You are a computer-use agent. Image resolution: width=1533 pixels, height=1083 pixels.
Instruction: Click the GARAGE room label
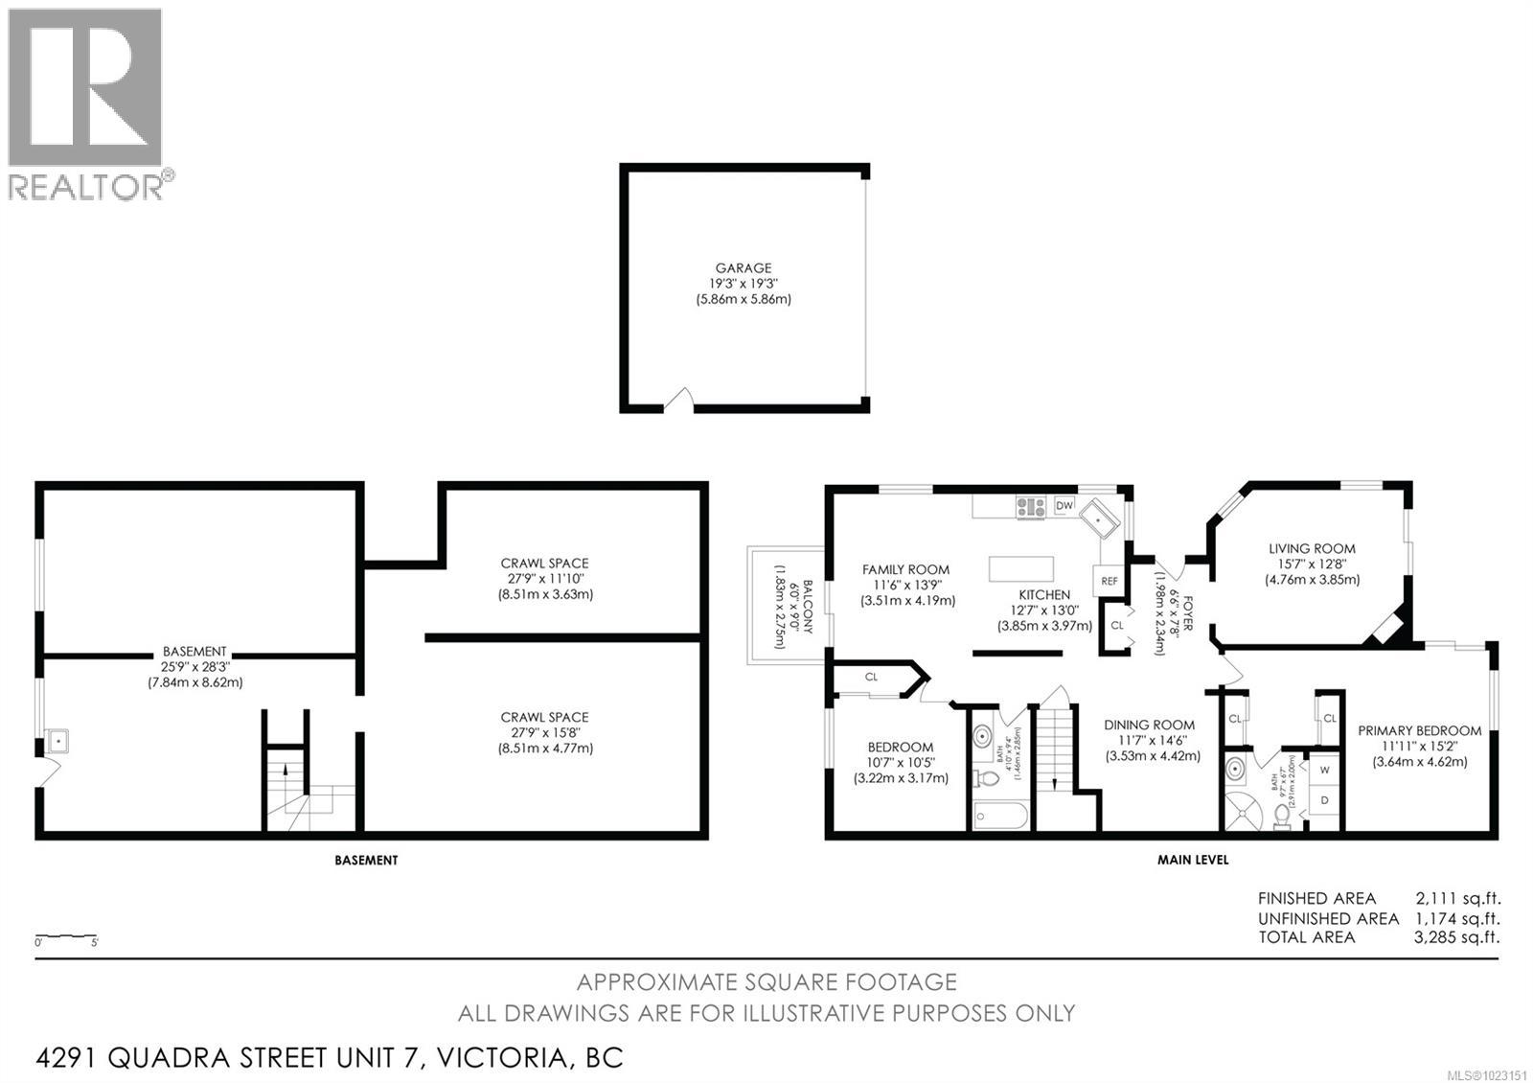click(743, 268)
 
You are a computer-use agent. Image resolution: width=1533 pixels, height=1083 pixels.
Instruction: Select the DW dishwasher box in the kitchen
click(1064, 505)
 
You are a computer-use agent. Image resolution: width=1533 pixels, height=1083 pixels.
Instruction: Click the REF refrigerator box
click(1109, 581)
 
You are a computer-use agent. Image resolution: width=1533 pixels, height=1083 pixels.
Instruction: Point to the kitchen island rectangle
click(1021, 568)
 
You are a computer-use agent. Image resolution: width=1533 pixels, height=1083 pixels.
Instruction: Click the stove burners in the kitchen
click(1031, 506)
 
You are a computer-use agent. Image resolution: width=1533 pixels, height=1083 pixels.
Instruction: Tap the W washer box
click(1325, 769)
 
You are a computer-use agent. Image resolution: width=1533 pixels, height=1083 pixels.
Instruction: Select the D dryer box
click(1325, 799)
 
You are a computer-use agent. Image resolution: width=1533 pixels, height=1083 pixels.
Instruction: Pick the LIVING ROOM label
click(1312, 548)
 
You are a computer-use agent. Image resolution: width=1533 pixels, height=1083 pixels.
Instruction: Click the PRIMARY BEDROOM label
click(1419, 730)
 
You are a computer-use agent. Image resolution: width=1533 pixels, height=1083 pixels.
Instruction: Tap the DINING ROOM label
click(1149, 725)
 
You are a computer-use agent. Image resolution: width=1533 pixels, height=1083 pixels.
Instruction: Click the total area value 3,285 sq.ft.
click(1457, 937)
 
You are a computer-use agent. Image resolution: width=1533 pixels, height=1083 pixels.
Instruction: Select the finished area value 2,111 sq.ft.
click(1457, 898)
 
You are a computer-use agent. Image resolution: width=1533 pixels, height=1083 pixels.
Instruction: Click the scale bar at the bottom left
click(66, 935)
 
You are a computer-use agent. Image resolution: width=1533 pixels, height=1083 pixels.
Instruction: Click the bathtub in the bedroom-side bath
click(999, 817)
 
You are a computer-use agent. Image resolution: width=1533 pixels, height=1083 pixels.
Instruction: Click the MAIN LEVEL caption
click(1192, 860)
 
